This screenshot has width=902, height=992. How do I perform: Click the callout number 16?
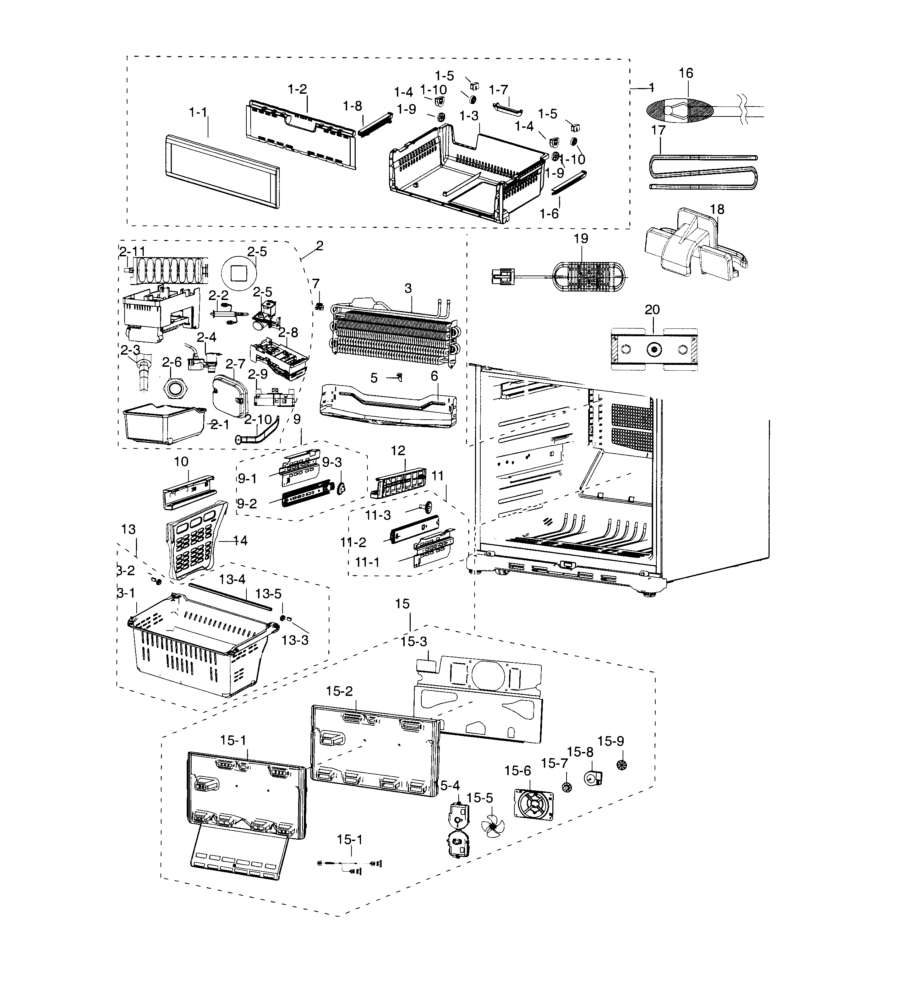pyautogui.click(x=685, y=73)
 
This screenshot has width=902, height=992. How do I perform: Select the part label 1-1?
pyautogui.click(x=198, y=113)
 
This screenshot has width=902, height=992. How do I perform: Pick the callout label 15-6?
pyautogui.click(x=517, y=770)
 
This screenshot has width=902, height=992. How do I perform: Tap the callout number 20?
pyautogui.click(x=652, y=310)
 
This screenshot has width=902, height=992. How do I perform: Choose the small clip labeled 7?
pyautogui.click(x=319, y=306)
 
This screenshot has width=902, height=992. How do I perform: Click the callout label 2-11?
pyautogui.click(x=132, y=251)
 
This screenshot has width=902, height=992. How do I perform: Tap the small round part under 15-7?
pyautogui.click(x=567, y=787)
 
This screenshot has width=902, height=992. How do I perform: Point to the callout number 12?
pyautogui.click(x=398, y=450)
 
